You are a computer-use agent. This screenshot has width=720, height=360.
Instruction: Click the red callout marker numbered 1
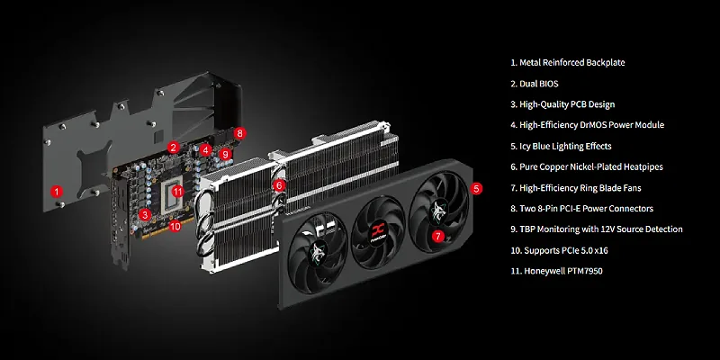(56, 191)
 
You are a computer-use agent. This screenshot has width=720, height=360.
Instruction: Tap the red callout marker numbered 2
(173, 148)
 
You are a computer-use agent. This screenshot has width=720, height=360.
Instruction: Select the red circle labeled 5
(477, 188)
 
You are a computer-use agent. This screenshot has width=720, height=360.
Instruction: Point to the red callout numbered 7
(438, 236)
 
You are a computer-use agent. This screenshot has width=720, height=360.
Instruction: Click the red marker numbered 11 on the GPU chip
(177, 192)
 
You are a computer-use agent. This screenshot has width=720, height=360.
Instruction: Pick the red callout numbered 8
(239, 133)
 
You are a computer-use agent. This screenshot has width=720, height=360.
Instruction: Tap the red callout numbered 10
(175, 226)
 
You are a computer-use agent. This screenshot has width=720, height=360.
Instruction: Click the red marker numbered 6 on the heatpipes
(279, 185)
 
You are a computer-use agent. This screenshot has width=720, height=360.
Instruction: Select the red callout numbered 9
(225, 154)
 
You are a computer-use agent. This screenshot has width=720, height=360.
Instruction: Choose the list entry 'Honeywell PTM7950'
(561, 271)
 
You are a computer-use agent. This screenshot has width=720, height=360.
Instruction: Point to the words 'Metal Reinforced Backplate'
(571, 62)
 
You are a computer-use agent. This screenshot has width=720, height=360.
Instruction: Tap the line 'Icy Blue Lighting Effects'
(565, 146)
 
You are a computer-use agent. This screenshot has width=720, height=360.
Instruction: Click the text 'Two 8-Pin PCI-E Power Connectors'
(586, 209)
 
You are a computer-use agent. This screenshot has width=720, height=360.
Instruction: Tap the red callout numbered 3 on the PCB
(145, 214)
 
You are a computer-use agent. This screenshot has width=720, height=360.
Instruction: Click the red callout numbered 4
(205, 149)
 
